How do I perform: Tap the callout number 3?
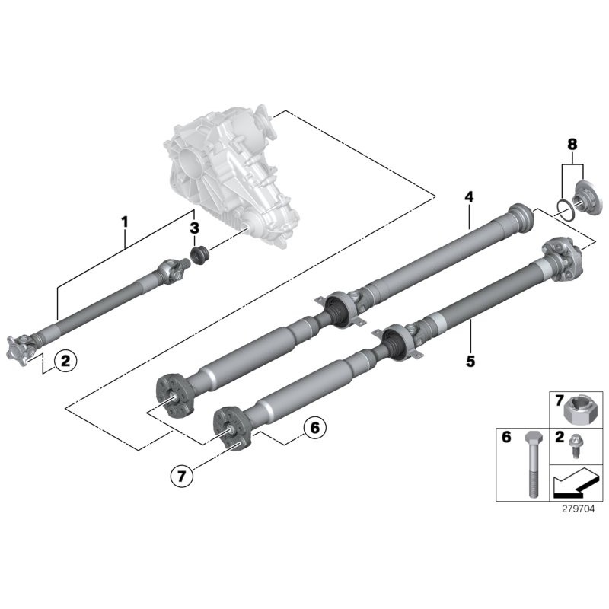[x=195, y=228]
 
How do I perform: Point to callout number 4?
[x=469, y=197]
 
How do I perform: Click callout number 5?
[x=470, y=360]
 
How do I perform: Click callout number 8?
[x=572, y=143]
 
